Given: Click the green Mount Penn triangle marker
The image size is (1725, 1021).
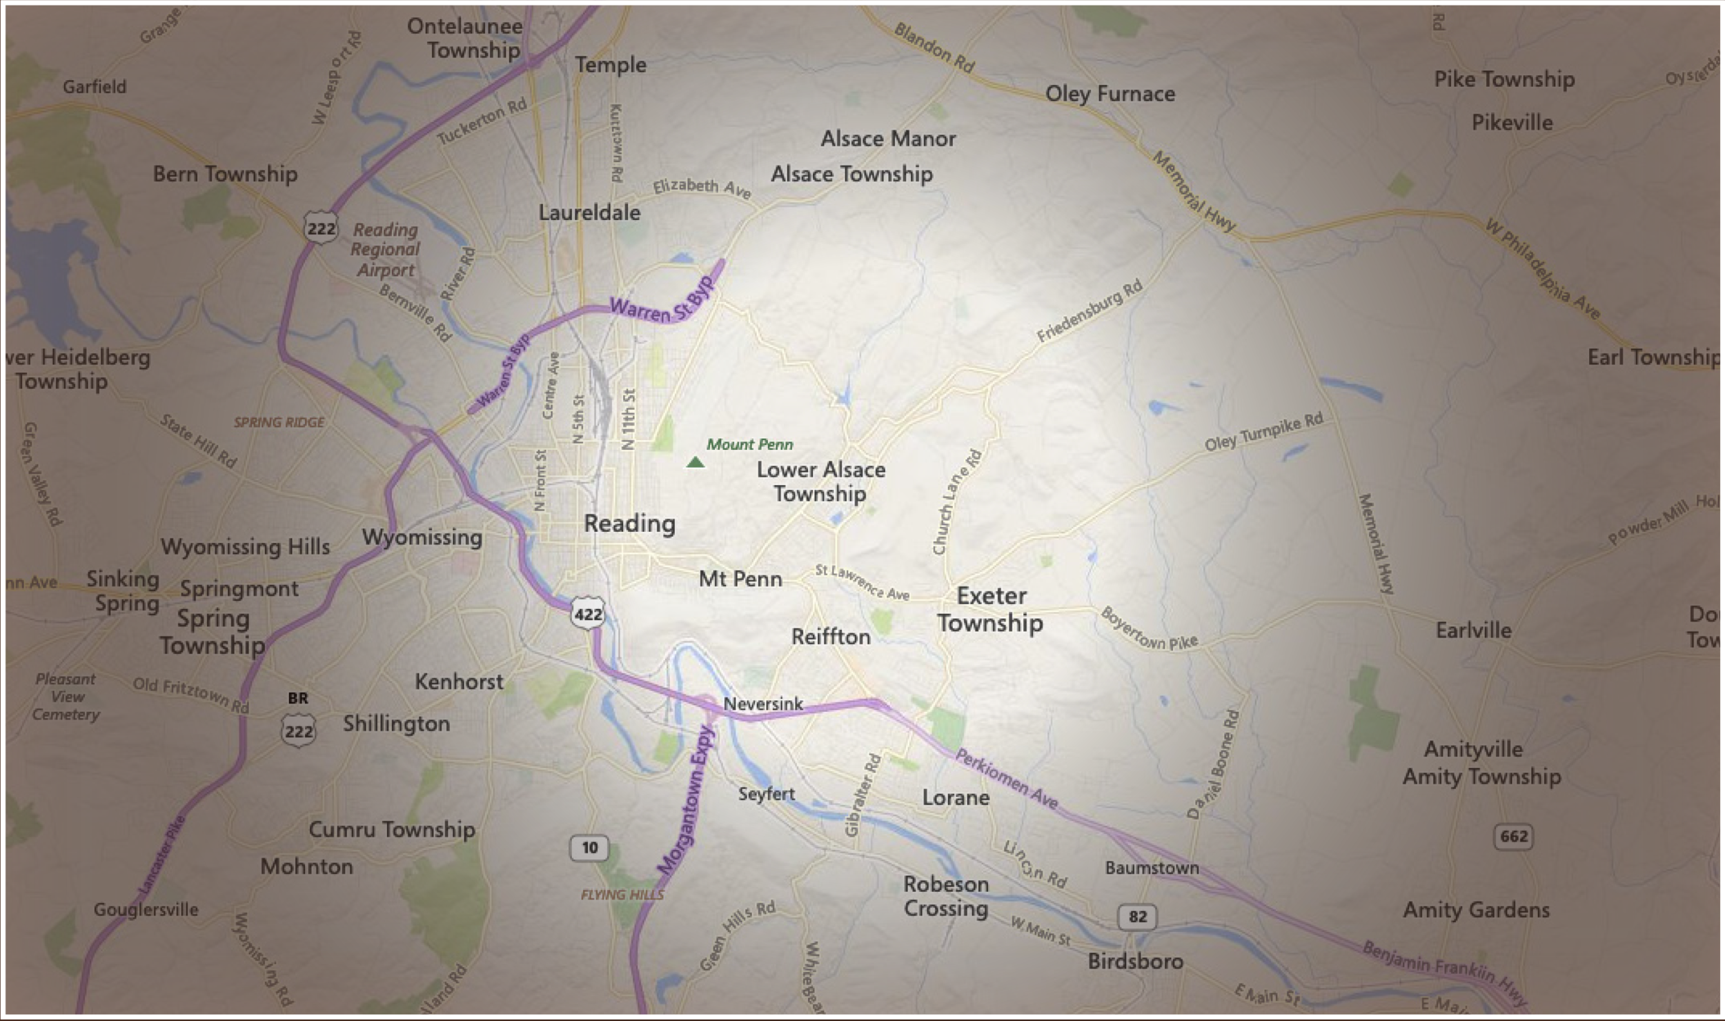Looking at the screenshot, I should pos(696,462).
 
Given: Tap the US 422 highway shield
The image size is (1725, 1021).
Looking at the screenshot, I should pos(588,613).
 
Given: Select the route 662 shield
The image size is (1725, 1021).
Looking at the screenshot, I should pos(1514,836).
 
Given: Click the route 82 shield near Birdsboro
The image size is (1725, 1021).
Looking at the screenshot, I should pos(1137,917).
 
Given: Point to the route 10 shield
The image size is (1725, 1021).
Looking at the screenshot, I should pos(589,847).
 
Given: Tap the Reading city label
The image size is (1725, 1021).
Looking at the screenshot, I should pos(629,524).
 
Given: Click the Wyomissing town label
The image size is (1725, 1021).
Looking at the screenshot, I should pos(422,537).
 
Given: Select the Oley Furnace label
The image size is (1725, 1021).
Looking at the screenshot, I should pos(1110,94).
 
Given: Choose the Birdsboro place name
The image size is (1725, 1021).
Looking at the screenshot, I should pos(1135,961).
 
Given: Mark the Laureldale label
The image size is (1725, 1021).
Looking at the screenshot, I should pos(589,212).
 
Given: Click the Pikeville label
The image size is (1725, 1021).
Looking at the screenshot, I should pos(1512,123).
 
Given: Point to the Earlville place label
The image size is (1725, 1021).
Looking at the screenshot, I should pos(1473,630).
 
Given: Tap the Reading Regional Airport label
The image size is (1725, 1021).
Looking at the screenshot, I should pos(385,250).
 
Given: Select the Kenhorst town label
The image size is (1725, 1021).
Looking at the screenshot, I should pos(459,682).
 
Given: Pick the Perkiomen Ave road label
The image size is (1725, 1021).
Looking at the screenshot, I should pos(1006,779).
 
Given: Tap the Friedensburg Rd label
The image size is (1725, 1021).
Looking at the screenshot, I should pos(1090,312).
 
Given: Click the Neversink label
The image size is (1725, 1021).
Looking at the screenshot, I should pos(763,704).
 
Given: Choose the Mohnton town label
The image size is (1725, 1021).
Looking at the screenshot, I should pos(306,866).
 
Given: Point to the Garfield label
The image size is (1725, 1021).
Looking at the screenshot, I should pos(95,87).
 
